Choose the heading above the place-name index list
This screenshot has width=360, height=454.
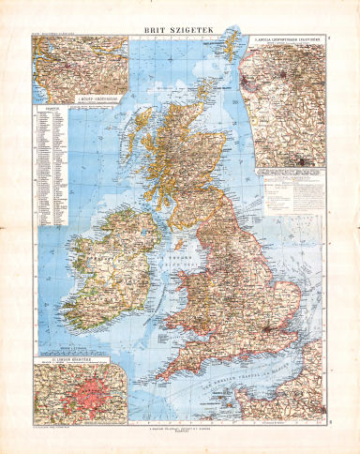44,109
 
